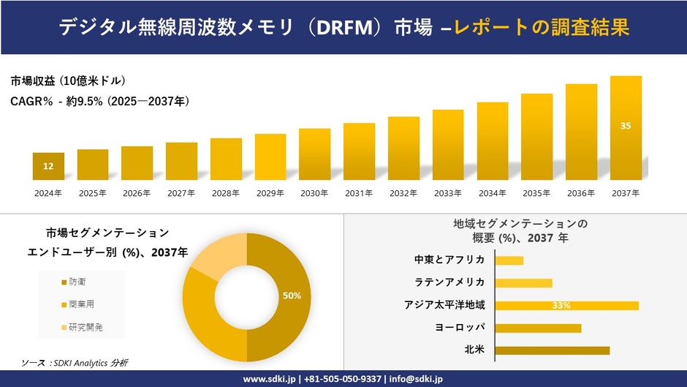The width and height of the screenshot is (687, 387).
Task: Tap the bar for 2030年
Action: point(314,154)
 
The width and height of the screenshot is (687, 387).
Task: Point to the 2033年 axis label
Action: point(447,193)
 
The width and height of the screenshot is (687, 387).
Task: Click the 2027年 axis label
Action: point(181,193)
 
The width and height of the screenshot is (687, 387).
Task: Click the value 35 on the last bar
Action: point(626,126)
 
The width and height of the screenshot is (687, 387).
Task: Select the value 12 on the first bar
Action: point(48,167)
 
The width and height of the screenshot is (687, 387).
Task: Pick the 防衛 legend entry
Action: point(76,282)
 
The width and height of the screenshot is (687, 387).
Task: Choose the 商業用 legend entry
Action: point(80,304)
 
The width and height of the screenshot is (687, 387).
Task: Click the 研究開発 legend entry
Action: point(85,327)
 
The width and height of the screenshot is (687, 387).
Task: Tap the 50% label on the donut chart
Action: point(292,296)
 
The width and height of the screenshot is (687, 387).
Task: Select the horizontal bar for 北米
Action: point(552,350)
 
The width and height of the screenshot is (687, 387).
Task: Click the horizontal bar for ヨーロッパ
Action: point(538,328)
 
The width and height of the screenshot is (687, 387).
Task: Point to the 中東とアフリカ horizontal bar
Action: point(509,260)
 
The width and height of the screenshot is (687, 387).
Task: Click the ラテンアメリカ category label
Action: point(449,282)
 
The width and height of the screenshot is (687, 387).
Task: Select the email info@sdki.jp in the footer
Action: point(417,379)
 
